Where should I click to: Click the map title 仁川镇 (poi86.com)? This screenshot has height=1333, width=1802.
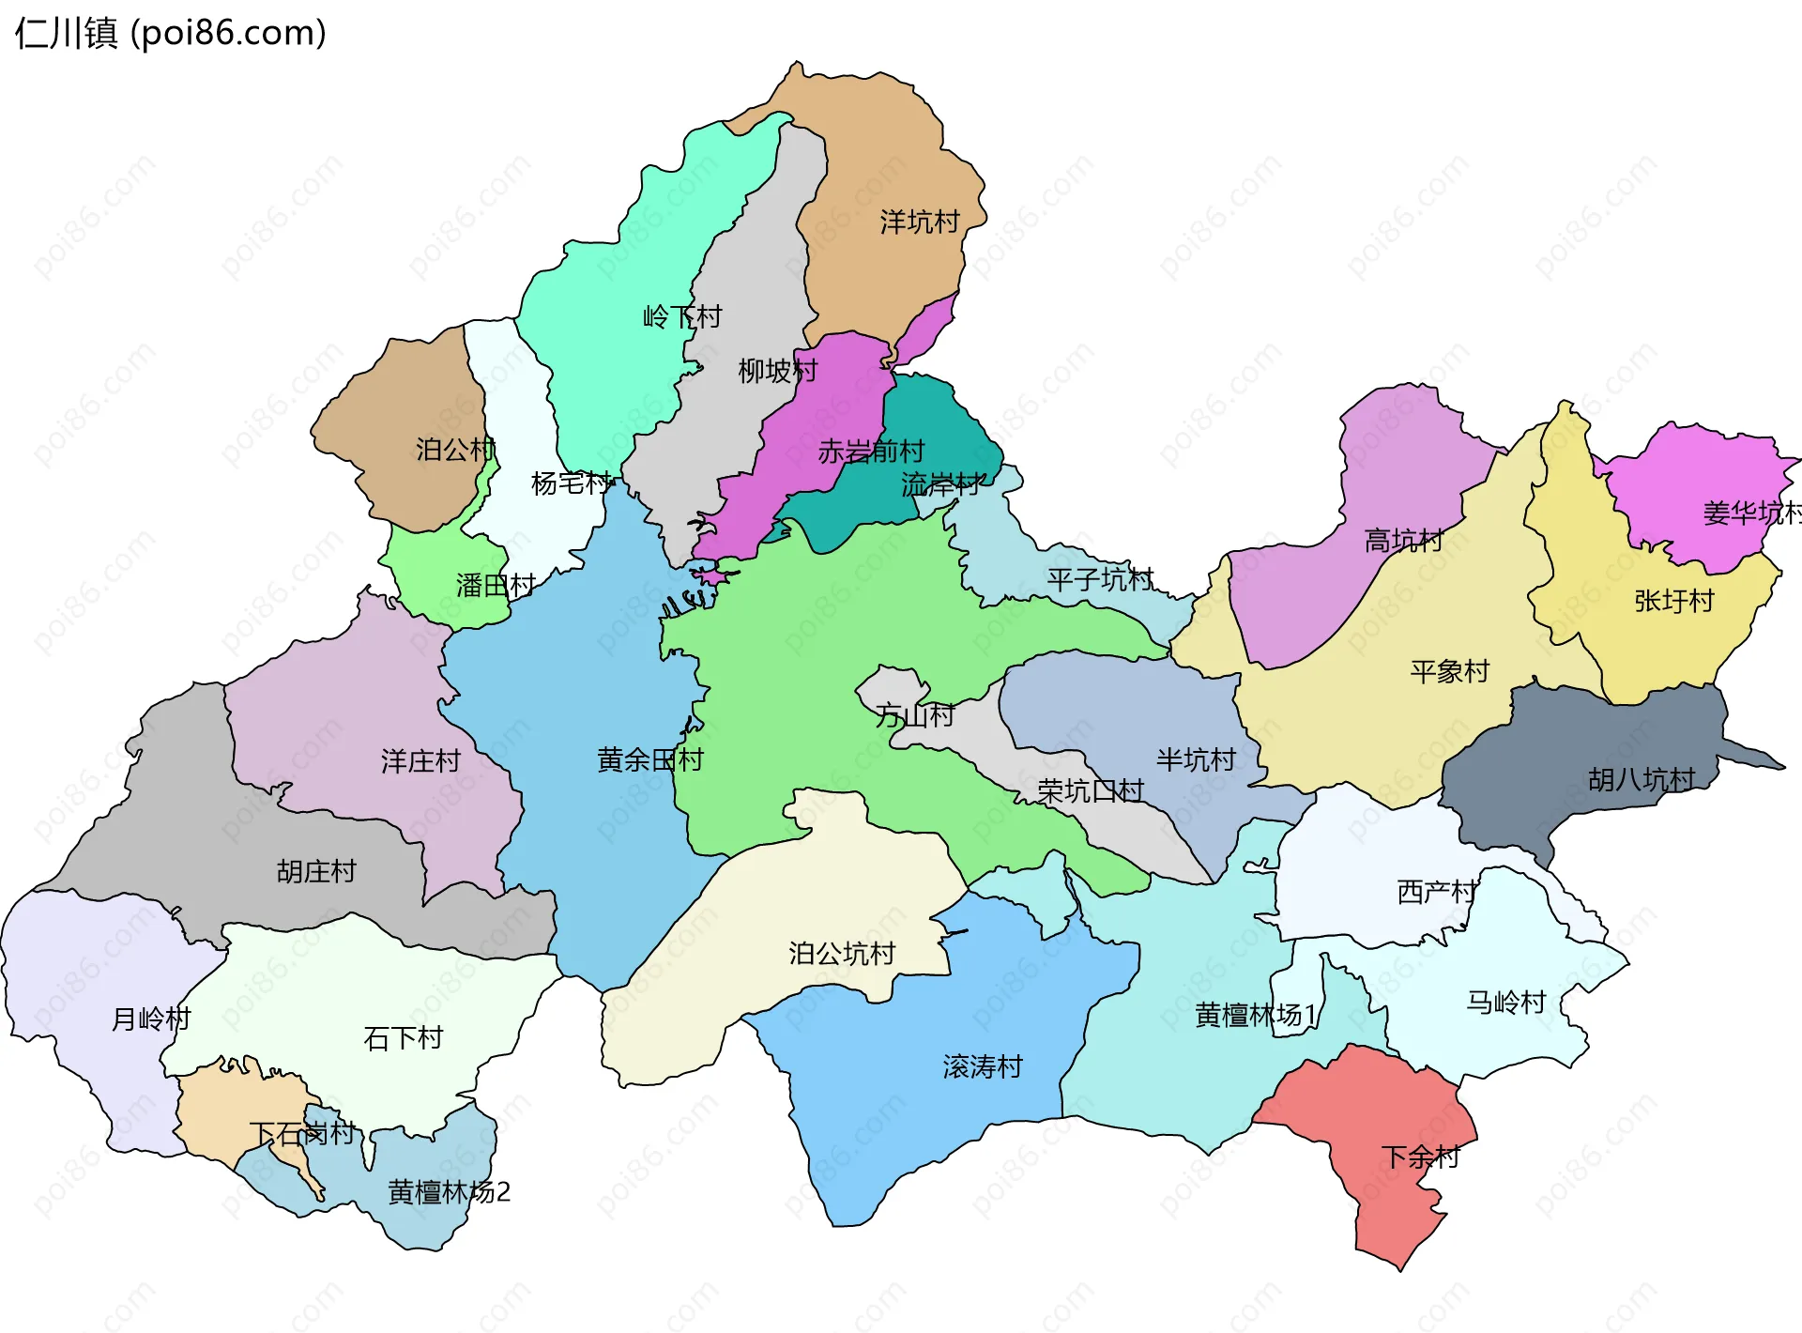pyautogui.click(x=171, y=34)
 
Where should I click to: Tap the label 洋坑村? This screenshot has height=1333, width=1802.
pyautogui.click(x=919, y=222)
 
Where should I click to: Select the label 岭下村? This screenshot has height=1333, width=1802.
pyautogui.click(x=682, y=316)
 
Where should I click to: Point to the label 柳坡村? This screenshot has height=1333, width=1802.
pyautogui.click(x=777, y=371)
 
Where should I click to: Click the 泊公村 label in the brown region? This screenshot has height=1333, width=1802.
pyautogui.click(x=455, y=450)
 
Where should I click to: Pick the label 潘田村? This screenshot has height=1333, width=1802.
pyautogui.click(x=496, y=586)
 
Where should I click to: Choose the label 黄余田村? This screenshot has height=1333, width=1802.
pyautogui.click(x=650, y=759)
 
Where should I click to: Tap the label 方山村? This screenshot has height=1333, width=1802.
pyautogui.click(x=915, y=715)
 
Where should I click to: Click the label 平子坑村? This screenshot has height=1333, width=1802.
pyautogui.click(x=1100, y=579)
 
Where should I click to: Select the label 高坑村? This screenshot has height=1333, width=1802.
pyautogui.click(x=1403, y=541)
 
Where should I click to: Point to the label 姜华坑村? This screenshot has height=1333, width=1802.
pyautogui.click(x=1751, y=513)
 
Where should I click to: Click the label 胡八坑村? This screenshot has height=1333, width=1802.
pyautogui.click(x=1642, y=779)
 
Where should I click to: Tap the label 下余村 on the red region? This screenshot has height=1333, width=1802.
pyautogui.click(x=1420, y=1157)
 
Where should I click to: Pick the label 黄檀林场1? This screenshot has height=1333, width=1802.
pyautogui.click(x=1256, y=1015)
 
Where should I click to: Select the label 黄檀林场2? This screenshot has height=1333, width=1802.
pyautogui.click(x=449, y=1192)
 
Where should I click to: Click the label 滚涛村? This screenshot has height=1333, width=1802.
pyautogui.click(x=983, y=1066)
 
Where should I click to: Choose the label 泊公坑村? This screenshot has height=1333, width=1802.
pyautogui.click(x=842, y=954)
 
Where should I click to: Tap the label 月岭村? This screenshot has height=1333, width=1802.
pyautogui.click(x=151, y=1019)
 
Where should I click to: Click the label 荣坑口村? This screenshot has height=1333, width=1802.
pyautogui.click(x=1091, y=790)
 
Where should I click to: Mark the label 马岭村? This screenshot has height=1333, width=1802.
pyautogui.click(x=1505, y=1003)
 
